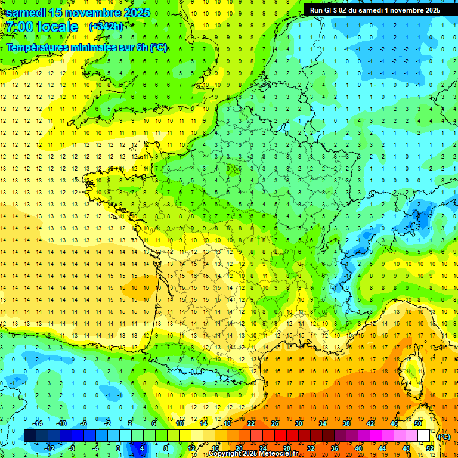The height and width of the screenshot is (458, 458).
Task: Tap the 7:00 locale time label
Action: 42,27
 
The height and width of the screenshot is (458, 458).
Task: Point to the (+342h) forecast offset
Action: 107,27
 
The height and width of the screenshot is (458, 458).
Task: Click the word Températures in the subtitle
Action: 41,48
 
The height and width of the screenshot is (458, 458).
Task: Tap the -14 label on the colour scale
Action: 37,423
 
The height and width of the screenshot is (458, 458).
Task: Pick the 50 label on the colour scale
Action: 417,423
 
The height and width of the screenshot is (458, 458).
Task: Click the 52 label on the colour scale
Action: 429,448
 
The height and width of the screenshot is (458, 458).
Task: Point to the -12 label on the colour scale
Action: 49,448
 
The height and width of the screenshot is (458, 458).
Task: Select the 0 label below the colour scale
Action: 117,448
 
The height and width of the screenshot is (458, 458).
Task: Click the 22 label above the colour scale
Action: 251,423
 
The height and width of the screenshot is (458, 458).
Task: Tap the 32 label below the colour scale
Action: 310,448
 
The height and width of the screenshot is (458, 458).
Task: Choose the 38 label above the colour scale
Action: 346,423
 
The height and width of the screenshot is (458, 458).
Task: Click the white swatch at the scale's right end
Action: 423,435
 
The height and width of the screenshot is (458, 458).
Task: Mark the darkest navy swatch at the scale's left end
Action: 30,435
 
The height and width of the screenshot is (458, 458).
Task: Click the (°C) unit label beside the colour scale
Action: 444,437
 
